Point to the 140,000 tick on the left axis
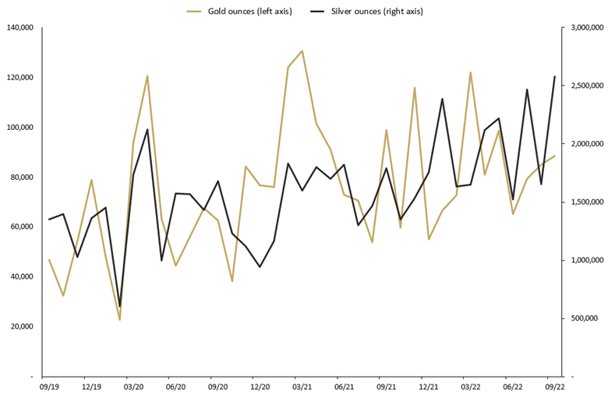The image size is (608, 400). pos(19,28)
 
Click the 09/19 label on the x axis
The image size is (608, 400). pos(48,386)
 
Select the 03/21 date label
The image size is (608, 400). pos(302,386)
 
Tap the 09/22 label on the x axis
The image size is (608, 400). pos(555,386)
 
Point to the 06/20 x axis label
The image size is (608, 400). pos(175,386)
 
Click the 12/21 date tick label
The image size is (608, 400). pos(428,386)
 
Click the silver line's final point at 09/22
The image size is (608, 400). pos(555,76)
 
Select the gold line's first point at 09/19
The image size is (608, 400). pos(48,260)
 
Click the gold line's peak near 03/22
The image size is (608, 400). pos(470,72)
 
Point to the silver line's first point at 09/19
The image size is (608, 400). pos(48,219)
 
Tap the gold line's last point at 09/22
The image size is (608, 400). pos(555,156)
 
